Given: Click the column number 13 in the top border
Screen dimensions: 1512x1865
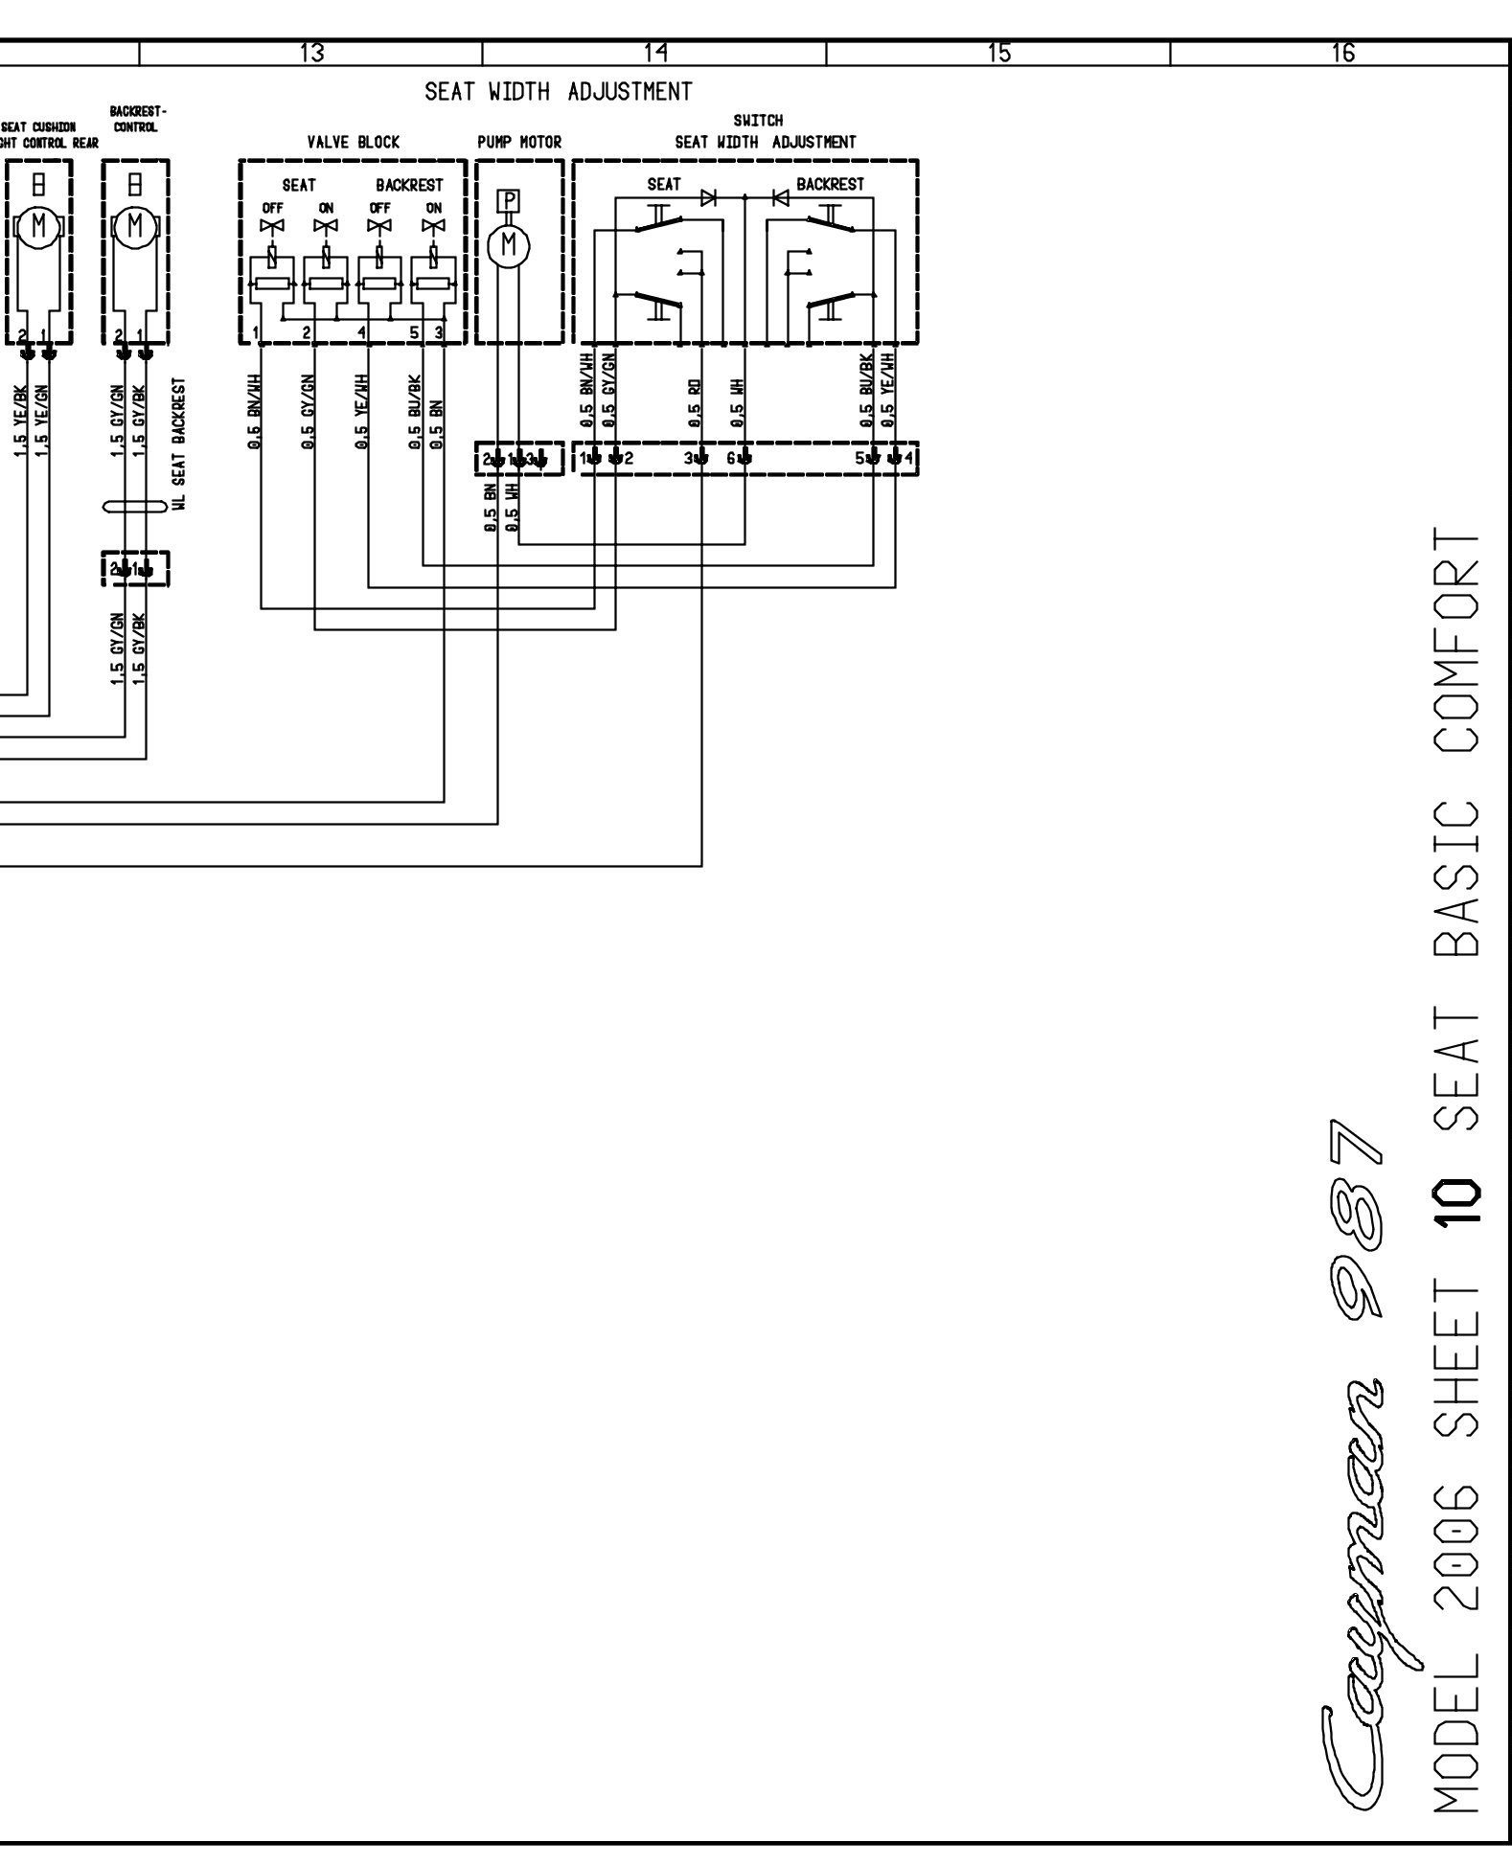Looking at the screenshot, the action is coord(311,54).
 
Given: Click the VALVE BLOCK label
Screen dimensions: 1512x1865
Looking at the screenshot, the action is coord(353,143).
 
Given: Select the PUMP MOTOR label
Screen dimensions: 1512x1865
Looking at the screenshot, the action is coord(519,143).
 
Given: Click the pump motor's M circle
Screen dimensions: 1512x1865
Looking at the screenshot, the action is coord(510,245).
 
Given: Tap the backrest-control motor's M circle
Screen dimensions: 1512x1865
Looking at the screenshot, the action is coord(135,226).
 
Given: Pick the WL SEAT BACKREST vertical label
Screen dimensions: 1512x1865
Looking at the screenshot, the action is coord(179,444).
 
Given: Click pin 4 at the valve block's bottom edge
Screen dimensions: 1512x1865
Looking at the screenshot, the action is coord(361,332).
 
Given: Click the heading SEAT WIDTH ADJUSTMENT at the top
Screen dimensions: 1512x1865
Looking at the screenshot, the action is coord(558,93).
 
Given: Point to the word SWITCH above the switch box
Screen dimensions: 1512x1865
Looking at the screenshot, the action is coord(758,121).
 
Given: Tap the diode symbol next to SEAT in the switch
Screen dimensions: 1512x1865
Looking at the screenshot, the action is coord(709,197).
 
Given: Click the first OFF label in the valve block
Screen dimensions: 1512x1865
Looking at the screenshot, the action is coord(273,208).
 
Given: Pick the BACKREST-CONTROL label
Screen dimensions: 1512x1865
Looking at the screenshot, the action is coord(134,119).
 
